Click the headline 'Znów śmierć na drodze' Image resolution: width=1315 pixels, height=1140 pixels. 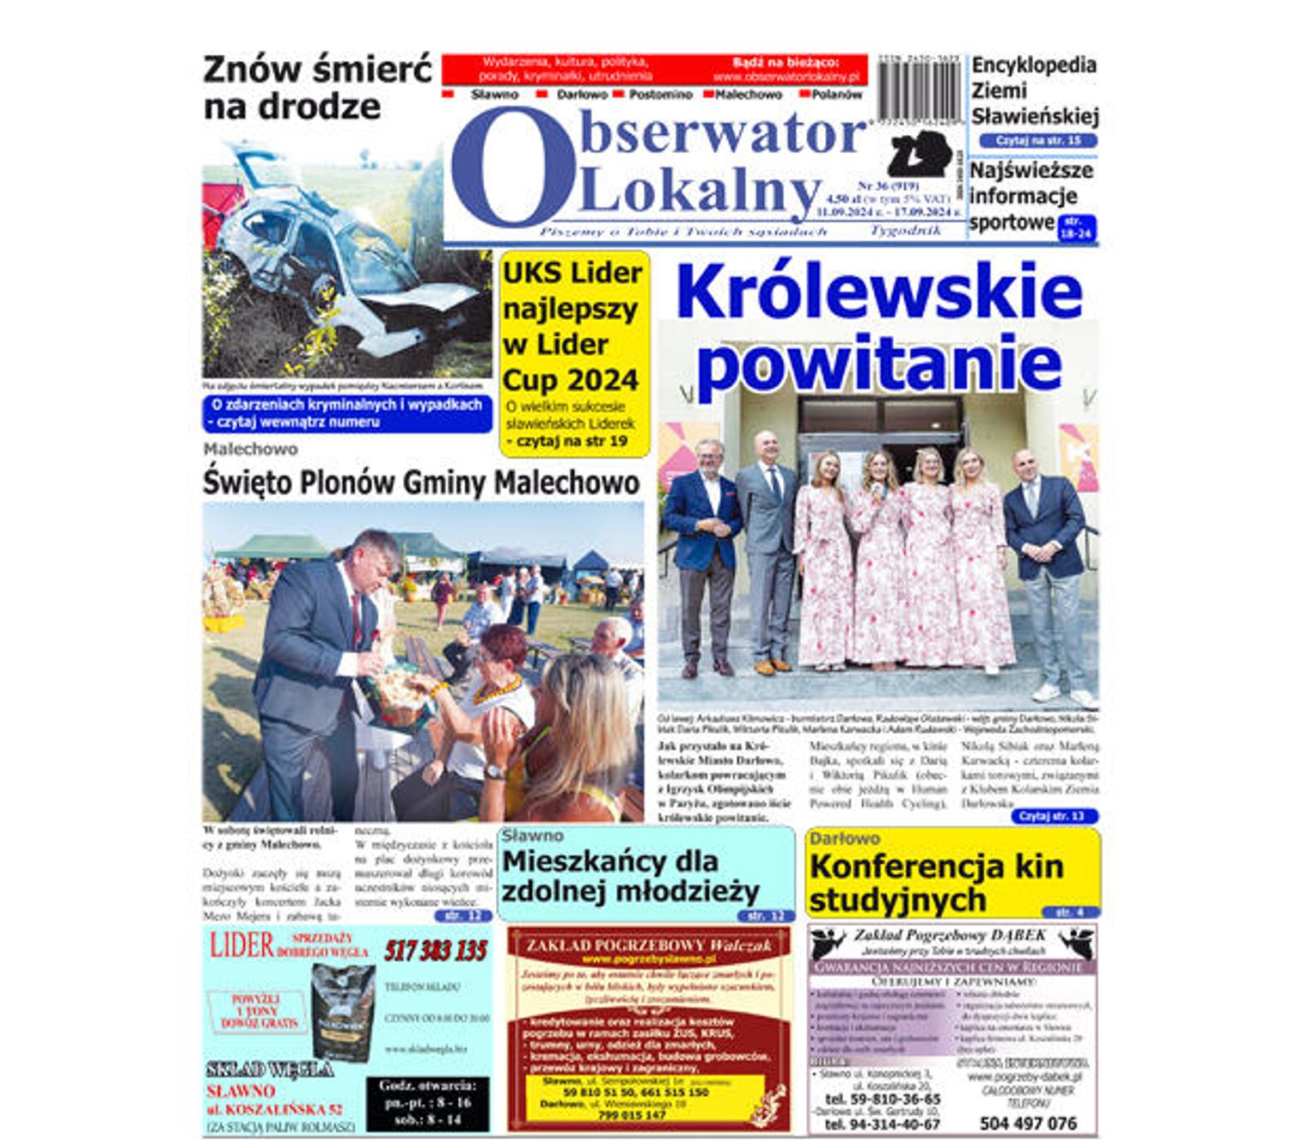(x=316, y=88)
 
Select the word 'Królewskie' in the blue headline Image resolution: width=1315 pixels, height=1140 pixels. (x=878, y=292)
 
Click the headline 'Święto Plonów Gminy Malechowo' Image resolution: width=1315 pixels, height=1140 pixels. (x=421, y=481)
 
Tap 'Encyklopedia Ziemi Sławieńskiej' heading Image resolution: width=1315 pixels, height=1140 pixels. (x=1034, y=90)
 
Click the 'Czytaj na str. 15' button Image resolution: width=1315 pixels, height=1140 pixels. (x=1037, y=140)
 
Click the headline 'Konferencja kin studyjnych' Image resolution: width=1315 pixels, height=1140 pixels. (x=936, y=882)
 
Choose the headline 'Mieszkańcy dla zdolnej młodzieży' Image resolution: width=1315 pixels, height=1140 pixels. (x=630, y=876)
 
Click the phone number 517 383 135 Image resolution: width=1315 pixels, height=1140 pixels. (x=436, y=951)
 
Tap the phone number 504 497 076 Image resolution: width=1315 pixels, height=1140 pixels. (x=1027, y=1123)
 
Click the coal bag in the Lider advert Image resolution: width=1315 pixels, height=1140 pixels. (x=342, y=1009)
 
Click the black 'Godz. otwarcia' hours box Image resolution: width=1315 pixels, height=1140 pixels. (x=427, y=1103)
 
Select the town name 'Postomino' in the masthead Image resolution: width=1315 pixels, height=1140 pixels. (x=659, y=95)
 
